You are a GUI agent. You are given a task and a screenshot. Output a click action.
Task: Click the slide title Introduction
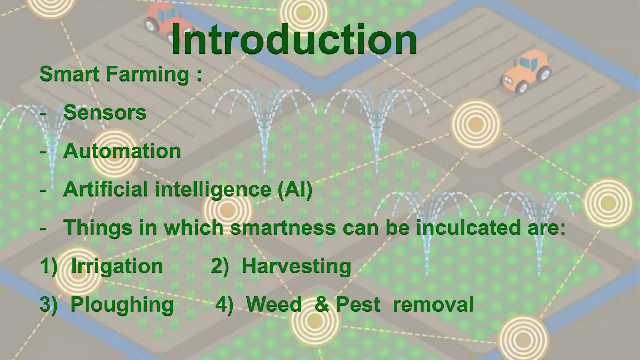coord(294,40)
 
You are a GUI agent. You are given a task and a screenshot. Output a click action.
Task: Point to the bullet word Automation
coord(122,151)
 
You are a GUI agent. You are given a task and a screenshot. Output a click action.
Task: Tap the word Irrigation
coord(117,267)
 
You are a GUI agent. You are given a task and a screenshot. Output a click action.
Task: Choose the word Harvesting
coord(296,267)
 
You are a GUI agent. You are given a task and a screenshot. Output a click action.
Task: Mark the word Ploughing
coord(122,305)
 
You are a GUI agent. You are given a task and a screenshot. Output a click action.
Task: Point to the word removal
coord(433,305)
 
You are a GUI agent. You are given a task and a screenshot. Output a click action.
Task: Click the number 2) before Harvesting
coord(220,267)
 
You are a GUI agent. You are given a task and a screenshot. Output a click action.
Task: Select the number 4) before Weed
coord(224,305)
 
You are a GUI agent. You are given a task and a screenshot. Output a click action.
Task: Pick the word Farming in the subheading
coord(147,74)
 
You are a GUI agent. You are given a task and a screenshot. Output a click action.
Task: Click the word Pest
coord(358,305)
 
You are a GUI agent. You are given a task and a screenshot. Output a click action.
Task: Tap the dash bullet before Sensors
coord(43,113)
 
